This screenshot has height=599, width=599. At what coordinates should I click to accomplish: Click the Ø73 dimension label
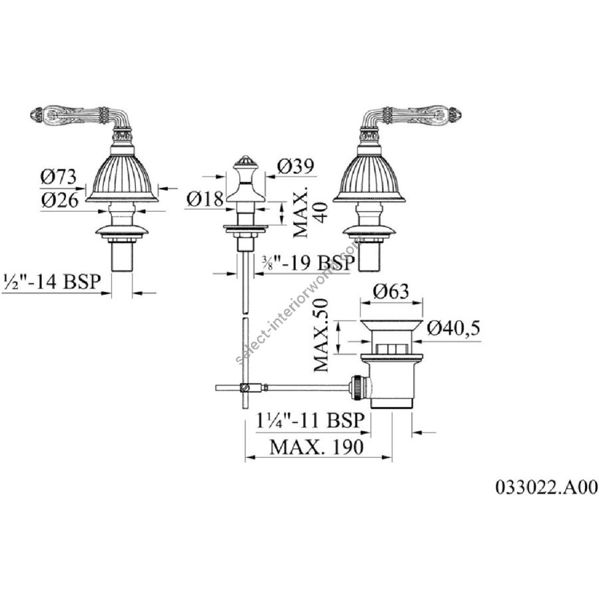59,177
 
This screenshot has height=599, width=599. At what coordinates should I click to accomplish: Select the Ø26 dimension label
60,200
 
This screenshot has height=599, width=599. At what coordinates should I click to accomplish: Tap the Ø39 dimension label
296,166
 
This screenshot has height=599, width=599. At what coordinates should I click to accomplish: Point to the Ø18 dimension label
205,198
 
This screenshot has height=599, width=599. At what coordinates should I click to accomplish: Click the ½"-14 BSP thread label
51,282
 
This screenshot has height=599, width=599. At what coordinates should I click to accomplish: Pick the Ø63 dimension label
391,291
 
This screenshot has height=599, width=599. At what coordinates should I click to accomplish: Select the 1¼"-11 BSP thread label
310,421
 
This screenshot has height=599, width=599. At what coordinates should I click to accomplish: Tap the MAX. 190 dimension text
316,447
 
